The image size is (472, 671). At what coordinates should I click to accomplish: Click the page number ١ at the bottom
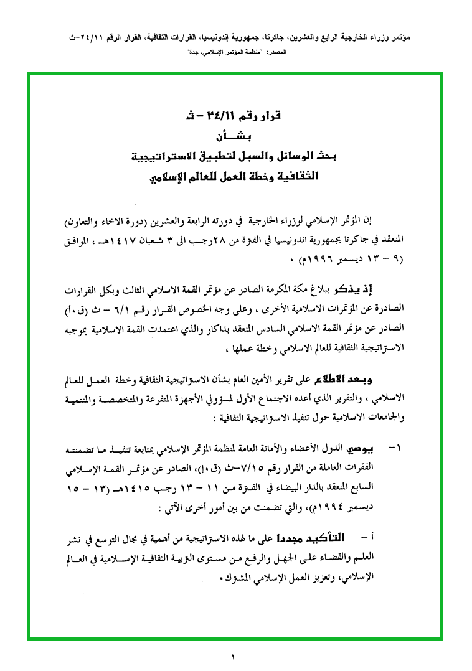[x=234, y=657]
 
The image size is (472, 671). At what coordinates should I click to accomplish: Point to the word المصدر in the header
[x=276, y=54]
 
